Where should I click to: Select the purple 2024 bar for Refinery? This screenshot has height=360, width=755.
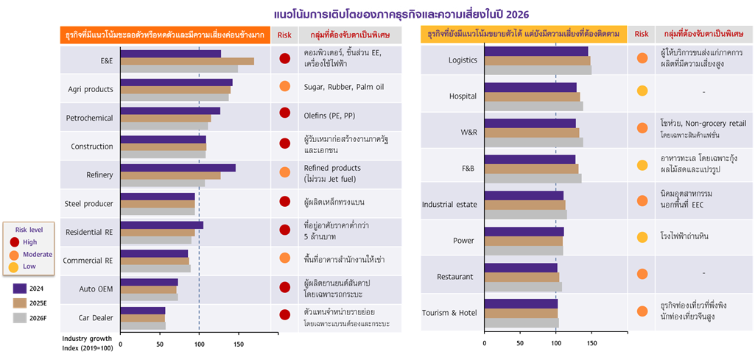(x=178, y=168)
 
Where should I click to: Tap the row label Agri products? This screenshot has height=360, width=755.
(x=89, y=89)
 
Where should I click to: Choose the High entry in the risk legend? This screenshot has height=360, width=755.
(x=29, y=242)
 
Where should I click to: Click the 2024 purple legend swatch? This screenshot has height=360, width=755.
(x=21, y=289)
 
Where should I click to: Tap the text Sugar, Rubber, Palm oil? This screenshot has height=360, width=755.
(x=343, y=86)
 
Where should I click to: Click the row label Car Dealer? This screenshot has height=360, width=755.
(x=96, y=318)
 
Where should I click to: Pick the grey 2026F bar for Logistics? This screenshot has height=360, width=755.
(x=538, y=70)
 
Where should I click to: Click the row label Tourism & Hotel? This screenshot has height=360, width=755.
(x=449, y=313)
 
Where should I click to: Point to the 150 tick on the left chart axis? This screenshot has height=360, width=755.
(x=238, y=344)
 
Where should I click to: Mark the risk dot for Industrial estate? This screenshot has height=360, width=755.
(x=642, y=199)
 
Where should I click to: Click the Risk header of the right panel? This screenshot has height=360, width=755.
(x=642, y=34)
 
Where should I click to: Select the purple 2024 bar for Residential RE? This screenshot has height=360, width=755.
(x=161, y=225)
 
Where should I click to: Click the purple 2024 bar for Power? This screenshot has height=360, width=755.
(x=524, y=232)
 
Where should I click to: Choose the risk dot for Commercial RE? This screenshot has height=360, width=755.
(x=284, y=258)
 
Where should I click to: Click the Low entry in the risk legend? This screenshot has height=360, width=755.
(x=29, y=267)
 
